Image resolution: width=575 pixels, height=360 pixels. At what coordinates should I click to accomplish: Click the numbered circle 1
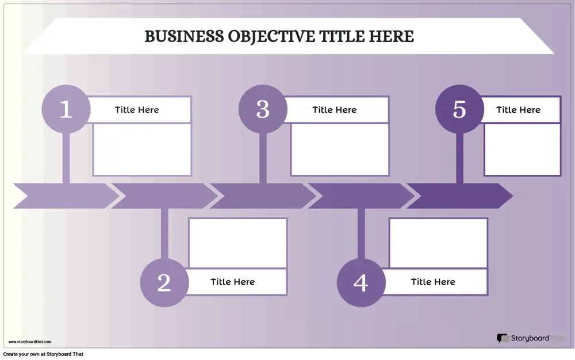pyautogui.click(x=66, y=109)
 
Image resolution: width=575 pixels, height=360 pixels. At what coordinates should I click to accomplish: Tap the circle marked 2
pyautogui.click(x=164, y=282)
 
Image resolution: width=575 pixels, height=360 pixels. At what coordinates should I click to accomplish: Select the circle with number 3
pyautogui.click(x=263, y=109)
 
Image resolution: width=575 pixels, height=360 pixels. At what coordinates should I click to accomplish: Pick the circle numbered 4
pyautogui.click(x=361, y=282)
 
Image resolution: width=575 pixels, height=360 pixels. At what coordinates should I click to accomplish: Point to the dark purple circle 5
pyautogui.click(x=460, y=109)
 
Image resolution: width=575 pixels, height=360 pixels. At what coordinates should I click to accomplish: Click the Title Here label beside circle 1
pyautogui.click(x=137, y=110)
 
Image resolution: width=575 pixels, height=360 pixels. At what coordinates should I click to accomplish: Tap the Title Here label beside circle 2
pyautogui.click(x=232, y=282)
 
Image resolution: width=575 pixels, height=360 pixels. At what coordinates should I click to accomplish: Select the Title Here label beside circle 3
pyautogui.click(x=335, y=110)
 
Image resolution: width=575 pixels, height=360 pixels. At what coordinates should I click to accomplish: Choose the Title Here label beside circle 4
pyautogui.click(x=433, y=282)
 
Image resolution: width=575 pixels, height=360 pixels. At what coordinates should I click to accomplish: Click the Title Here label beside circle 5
pyautogui.click(x=519, y=110)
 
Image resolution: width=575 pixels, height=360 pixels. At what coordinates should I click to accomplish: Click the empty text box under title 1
pyautogui.click(x=142, y=150)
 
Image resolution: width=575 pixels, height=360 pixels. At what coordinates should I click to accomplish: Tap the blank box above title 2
pyautogui.click(x=237, y=243)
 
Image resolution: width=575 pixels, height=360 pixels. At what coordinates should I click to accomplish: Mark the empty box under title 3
pyautogui.click(x=340, y=150)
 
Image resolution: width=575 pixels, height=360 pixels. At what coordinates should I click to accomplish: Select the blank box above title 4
pyautogui.click(x=439, y=243)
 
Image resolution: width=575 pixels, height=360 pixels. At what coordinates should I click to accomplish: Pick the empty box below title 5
pyautogui.click(x=523, y=150)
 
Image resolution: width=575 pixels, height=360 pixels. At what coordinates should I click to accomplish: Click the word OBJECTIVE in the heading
pyautogui.click(x=271, y=36)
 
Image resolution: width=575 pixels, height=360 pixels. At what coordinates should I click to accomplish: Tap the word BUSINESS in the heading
pyautogui.click(x=184, y=36)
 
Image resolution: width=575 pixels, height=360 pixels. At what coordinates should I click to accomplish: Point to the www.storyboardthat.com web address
pyautogui.click(x=30, y=342)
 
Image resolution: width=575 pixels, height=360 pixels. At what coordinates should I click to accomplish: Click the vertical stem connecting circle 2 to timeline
pyautogui.click(x=164, y=234)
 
